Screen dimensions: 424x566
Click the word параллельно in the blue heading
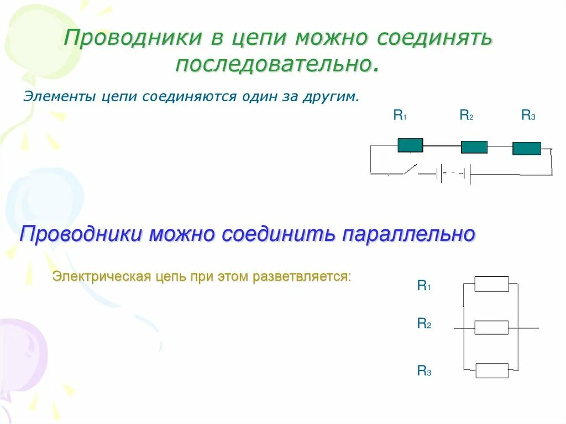point(408,234)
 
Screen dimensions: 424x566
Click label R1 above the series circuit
point(400,115)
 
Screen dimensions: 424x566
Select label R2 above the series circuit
point(466,115)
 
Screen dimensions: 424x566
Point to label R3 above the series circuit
point(528,115)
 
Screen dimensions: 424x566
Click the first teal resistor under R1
point(410,145)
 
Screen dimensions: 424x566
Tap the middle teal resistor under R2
point(474,147)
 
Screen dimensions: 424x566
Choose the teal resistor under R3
point(526,148)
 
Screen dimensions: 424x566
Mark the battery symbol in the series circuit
point(453,174)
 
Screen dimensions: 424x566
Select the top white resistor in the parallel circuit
point(491,284)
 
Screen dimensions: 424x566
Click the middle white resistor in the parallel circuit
point(491,327)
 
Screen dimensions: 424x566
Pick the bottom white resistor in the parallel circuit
point(491,370)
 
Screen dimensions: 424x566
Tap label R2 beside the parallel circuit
point(423,324)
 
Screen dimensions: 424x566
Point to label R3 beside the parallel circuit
point(423,371)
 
